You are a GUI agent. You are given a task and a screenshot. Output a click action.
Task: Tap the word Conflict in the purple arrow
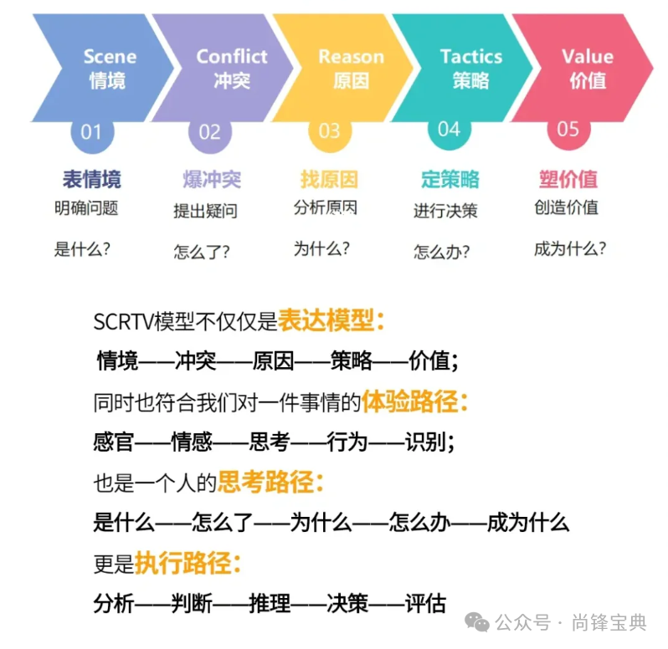pos(231,57)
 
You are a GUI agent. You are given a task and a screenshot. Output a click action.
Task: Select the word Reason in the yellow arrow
pos(351,57)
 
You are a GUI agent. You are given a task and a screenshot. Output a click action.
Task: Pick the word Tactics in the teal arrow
pos(471,57)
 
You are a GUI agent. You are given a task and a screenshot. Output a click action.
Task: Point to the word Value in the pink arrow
pos(588,57)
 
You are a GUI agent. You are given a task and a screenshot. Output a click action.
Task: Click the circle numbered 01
pos(90,131)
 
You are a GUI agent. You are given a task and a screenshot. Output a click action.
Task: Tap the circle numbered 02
pos(210,131)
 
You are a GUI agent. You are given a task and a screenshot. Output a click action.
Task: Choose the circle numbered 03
pos(330,131)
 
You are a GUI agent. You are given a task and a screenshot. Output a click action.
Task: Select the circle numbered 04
pos(450,130)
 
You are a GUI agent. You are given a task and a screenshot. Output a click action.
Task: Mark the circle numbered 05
pos(568,130)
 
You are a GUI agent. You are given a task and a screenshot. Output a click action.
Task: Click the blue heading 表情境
pos(91,179)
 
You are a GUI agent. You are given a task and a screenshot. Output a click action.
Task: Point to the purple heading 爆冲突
pos(211,179)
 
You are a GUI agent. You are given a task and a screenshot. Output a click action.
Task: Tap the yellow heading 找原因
pos(329,179)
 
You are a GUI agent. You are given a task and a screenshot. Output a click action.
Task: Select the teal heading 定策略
pos(450,179)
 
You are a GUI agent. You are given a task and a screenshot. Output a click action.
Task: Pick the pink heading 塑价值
pos(568,179)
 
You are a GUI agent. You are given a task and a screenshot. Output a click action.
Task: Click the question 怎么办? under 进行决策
pos(441,251)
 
